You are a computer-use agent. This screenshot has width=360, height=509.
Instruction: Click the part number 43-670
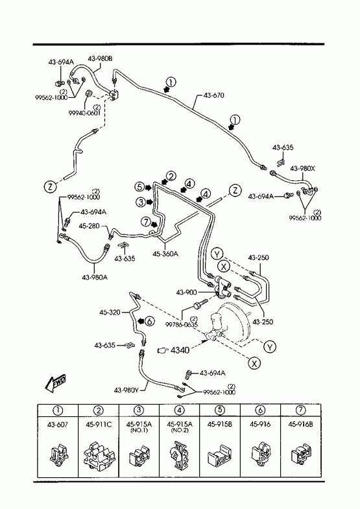(x=213, y=95)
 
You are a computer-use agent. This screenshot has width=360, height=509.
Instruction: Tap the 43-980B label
(x=100, y=59)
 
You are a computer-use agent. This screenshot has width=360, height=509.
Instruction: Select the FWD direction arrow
(x=56, y=383)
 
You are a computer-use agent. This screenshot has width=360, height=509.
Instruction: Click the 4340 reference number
(x=180, y=350)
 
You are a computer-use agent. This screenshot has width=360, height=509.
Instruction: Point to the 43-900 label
(x=186, y=292)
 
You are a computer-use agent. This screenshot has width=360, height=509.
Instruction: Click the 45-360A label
(x=165, y=254)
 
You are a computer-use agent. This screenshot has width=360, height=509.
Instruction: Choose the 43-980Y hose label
(x=126, y=390)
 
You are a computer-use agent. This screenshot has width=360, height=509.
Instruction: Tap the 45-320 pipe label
(x=110, y=313)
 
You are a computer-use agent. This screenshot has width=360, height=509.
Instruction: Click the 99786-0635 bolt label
(x=182, y=324)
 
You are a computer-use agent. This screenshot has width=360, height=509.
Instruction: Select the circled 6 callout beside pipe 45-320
(x=149, y=321)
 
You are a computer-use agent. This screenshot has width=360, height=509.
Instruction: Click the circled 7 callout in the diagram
(x=146, y=222)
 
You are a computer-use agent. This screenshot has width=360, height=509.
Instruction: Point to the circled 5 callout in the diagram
(x=140, y=187)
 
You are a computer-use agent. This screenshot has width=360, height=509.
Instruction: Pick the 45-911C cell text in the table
(x=99, y=424)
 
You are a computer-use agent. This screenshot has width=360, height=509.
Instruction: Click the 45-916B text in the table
(x=300, y=424)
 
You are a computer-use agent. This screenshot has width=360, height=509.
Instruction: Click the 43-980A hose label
(x=95, y=278)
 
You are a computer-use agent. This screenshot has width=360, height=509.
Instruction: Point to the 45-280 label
(x=89, y=226)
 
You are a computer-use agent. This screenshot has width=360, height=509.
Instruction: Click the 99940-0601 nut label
(x=84, y=112)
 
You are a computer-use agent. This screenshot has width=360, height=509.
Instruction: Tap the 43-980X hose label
(x=302, y=169)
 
